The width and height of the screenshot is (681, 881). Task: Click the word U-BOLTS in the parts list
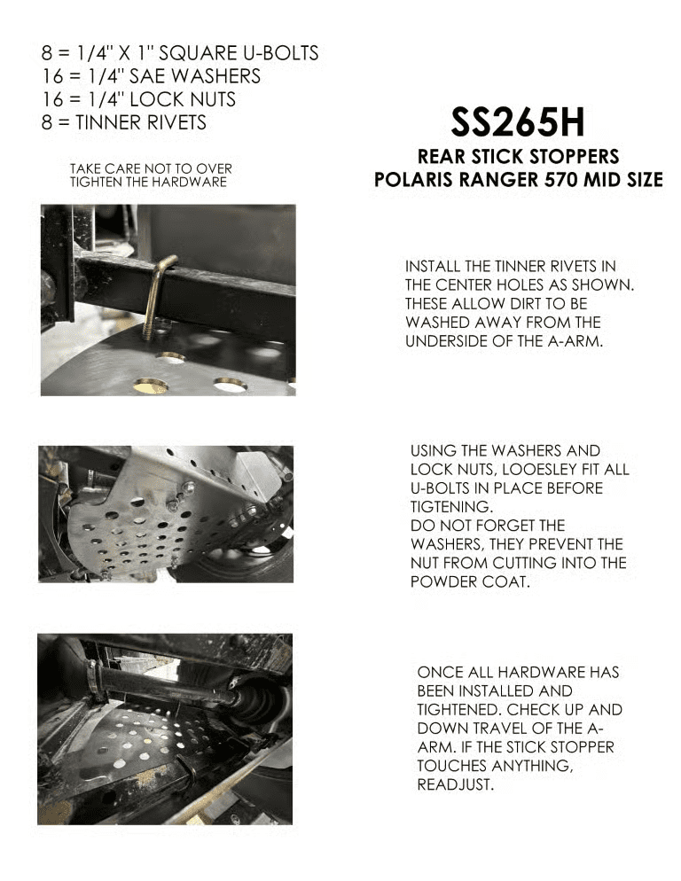tap(276, 52)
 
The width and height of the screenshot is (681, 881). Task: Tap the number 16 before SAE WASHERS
tap(51, 75)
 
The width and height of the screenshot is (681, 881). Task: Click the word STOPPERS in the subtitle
tap(572, 156)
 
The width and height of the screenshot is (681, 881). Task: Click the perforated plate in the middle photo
tap(142, 532)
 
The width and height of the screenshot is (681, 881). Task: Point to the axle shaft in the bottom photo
tap(168, 687)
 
